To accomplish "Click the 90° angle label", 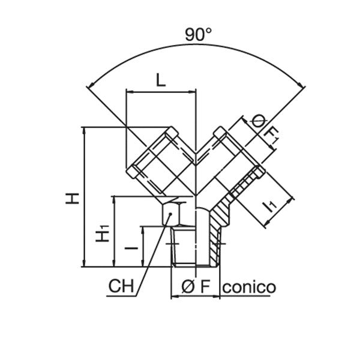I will click(x=197, y=35).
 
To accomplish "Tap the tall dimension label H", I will click(x=73, y=197).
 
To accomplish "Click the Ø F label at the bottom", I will click(x=197, y=287).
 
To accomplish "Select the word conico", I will click(x=249, y=287).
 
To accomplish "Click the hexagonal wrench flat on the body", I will click(x=174, y=213).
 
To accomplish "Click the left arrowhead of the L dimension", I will click(x=128, y=92).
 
